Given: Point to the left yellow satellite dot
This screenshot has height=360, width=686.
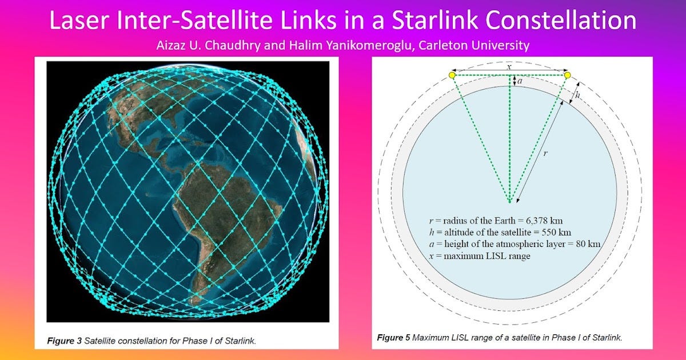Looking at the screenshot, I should coord(452,75).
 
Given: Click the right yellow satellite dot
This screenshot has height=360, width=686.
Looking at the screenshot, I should coord(567,75).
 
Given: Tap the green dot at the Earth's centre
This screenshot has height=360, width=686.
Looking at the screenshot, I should coord(509,201).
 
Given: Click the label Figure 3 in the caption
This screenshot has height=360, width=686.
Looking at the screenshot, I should coord(64,341).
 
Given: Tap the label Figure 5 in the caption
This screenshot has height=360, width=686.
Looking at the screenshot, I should coord(393,338).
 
